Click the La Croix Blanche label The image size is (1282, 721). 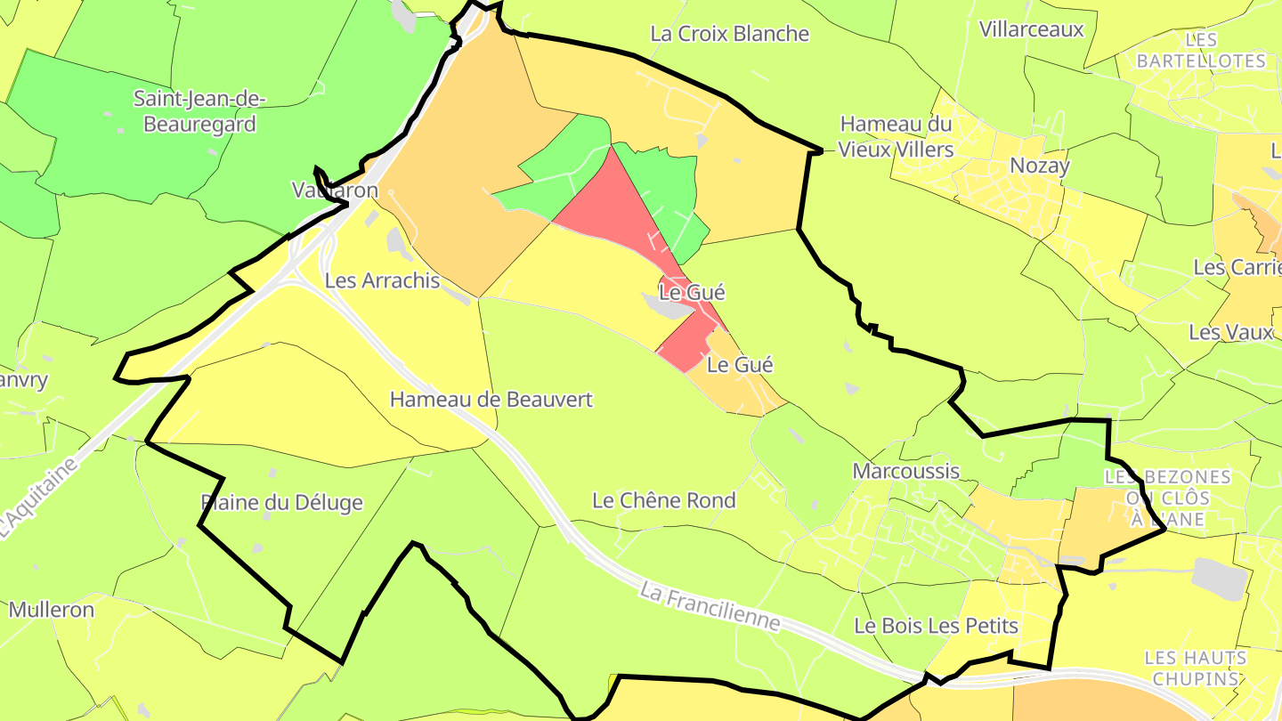pyautogui.click(x=729, y=34)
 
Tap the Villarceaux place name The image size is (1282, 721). pyautogui.click(x=1031, y=29)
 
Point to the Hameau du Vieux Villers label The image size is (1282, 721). pyautogui.click(x=896, y=136)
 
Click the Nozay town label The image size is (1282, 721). pyautogui.click(x=1039, y=166)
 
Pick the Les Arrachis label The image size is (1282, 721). pyautogui.click(x=382, y=280)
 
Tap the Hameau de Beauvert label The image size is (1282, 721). pyautogui.click(x=491, y=400)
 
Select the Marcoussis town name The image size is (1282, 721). pyautogui.click(x=905, y=471)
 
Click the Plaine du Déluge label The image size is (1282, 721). pyautogui.click(x=281, y=503)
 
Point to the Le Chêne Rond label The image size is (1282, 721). pyautogui.click(x=663, y=500)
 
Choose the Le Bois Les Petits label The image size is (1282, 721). pyautogui.click(x=935, y=626)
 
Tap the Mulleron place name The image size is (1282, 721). pyautogui.click(x=51, y=610)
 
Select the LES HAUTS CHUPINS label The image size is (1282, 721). pyautogui.click(x=1195, y=668)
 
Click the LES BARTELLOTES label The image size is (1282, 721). pyautogui.click(x=1200, y=51)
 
